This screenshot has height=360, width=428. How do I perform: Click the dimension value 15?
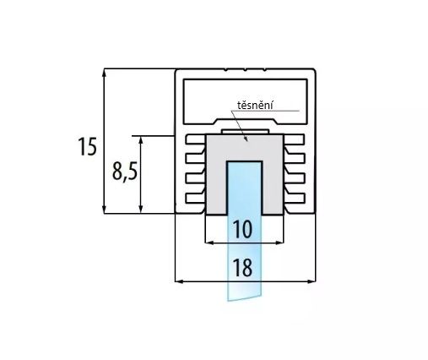coord(87,146)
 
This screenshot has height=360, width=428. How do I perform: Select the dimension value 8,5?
coord(125,172)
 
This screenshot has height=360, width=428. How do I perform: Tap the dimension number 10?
coord(242,229)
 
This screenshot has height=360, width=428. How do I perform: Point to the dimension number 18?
coord(242,268)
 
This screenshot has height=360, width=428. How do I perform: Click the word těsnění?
coord(255,106)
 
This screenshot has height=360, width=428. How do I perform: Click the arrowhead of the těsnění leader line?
coord(246,139)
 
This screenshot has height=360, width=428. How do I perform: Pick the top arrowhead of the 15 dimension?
coord(104,73)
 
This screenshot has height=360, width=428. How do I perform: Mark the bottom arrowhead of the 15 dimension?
coord(104,210)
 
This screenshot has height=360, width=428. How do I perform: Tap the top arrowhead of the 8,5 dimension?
coord(141,140)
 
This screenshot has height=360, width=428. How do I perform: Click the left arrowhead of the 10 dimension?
coord(209,243)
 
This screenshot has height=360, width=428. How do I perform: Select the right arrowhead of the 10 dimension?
coord(279,243)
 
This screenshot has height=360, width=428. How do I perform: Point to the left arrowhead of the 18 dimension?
coord(179,281)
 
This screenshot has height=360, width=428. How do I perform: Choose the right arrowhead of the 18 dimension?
coord(312,281)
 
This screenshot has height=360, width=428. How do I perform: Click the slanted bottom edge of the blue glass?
coord(244,298)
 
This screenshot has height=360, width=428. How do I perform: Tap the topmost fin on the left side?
coord(195,139)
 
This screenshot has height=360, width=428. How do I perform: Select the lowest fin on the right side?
coord(295,198)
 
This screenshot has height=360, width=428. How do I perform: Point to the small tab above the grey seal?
coord(245,132)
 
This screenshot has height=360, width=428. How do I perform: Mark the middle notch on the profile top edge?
coord(245,69)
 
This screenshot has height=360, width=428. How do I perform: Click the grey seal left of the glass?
coord(217,175)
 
